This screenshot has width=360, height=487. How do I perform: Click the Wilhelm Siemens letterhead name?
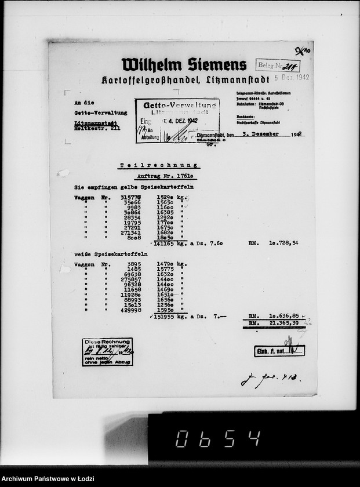pos(184,64)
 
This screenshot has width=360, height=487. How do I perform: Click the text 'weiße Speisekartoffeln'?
pos(110,254)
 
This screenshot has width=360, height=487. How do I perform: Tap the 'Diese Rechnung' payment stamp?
pos(107,351)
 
